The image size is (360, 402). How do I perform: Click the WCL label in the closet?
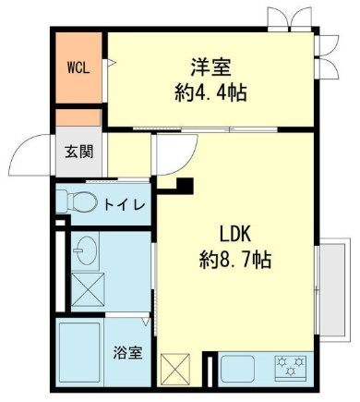tap(78, 68)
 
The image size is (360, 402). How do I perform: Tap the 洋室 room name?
tap(210, 67)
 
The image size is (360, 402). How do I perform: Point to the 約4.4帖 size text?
tap(210, 92)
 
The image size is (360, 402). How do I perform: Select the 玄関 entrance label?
tap(78, 152)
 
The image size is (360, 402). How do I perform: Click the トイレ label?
tap(125, 204)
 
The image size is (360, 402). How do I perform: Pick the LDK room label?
tap(235, 234)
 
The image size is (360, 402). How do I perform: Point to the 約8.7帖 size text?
tap(235, 260)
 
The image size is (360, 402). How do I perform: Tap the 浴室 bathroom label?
tap(127, 353)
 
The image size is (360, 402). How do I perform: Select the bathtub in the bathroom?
tap(79, 352)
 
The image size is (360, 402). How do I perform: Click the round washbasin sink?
tap(87, 250)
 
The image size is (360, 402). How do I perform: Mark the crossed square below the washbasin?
tap(88, 289)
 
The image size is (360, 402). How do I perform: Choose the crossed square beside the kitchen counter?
tap(175, 370)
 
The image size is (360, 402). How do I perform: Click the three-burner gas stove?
tap(291, 366)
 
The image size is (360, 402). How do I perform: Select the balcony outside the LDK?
tap(334, 289)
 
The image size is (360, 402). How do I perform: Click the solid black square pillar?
tap(185, 186)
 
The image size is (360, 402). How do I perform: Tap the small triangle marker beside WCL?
tap(112, 63)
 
